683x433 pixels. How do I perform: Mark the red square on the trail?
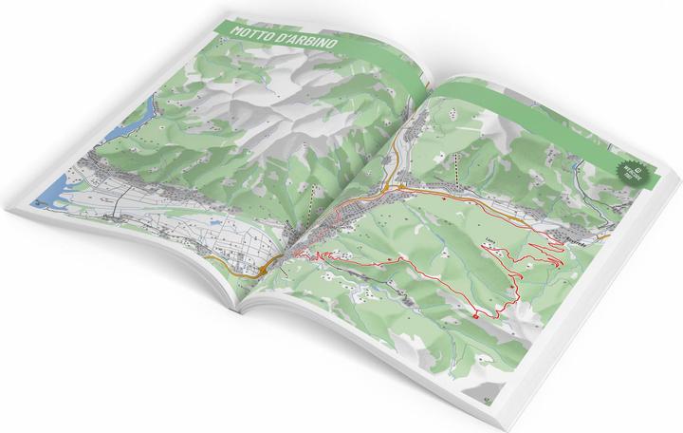point(473,314)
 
